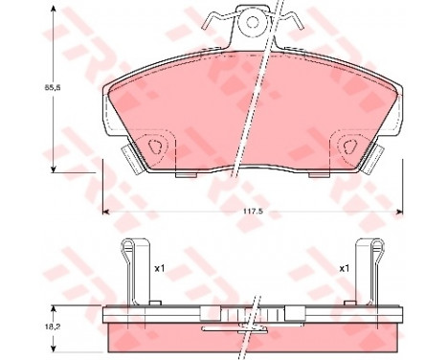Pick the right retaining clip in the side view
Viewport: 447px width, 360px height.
(x=370, y=273)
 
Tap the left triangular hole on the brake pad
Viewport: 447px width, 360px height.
(x=157, y=146)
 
